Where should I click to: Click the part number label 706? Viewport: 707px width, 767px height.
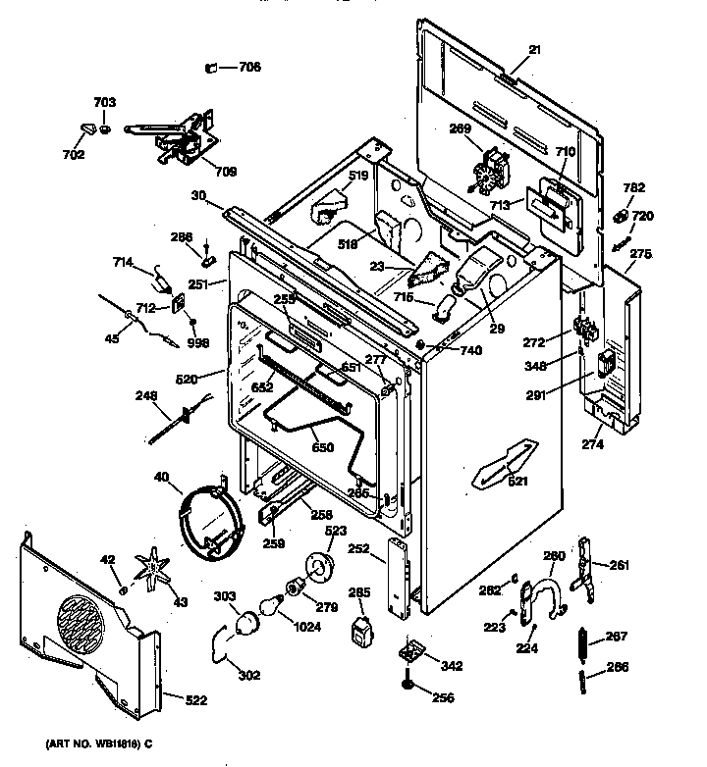[249, 68]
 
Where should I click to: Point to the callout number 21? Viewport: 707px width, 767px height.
[535, 51]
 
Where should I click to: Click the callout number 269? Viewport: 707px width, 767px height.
[461, 128]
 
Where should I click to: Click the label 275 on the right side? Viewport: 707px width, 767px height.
[640, 255]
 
